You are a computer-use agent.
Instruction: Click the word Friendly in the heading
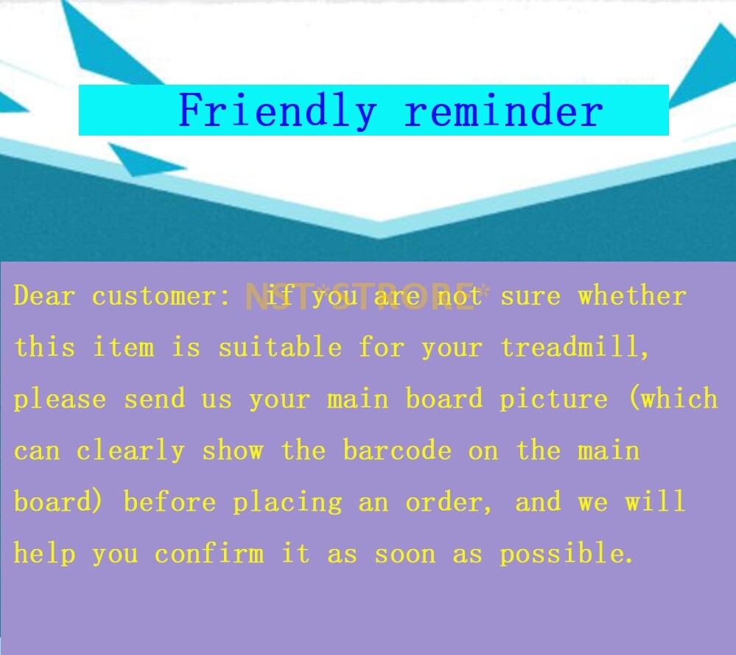(278, 111)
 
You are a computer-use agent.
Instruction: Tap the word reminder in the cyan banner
(504, 110)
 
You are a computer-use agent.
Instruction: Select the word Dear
(44, 295)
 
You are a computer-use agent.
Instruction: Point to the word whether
(632, 295)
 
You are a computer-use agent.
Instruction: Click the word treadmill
(574, 347)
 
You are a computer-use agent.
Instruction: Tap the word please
(60, 400)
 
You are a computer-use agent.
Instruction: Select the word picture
(553, 399)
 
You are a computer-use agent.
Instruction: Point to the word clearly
(130, 451)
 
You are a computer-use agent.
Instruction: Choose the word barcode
(397, 450)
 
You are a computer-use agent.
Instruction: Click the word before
(170, 502)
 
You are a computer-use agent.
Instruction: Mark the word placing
(288, 502)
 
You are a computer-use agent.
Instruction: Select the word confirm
(209, 553)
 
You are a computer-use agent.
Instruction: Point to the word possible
(566, 554)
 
